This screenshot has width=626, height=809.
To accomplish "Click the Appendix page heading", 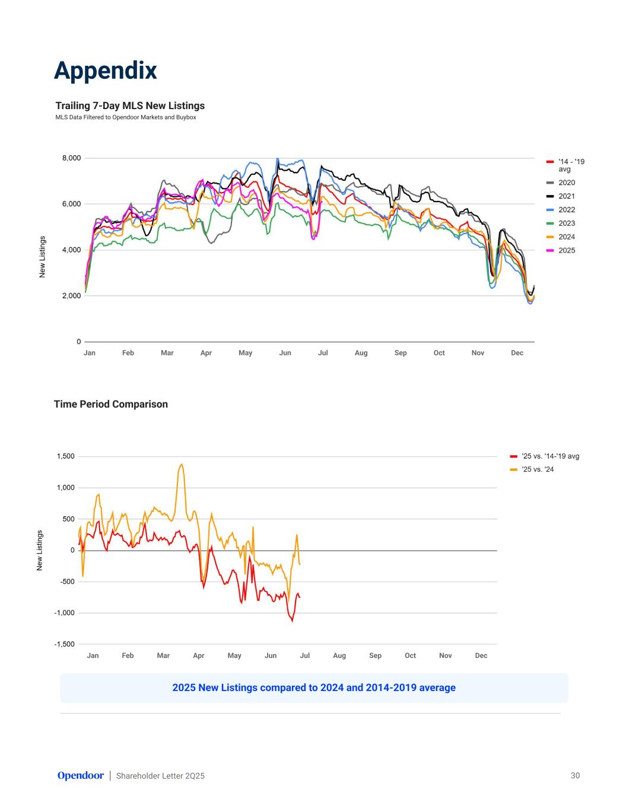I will click(105, 70).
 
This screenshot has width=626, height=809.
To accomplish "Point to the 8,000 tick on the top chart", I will click(71, 158).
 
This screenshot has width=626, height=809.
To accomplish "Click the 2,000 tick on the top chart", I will click(71, 296).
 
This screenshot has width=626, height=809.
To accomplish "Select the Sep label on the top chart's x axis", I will click(401, 353).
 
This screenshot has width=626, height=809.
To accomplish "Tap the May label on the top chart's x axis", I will click(245, 353).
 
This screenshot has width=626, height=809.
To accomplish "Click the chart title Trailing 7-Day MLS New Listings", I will click(130, 105).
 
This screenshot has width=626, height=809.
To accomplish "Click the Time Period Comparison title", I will click(111, 404).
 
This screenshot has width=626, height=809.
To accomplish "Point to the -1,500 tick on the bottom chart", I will click(64, 644).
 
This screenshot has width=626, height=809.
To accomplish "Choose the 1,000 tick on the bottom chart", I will click(65, 488).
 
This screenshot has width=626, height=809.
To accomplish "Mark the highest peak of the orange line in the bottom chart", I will click(182, 464).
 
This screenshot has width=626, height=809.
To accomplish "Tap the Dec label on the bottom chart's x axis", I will click(481, 655).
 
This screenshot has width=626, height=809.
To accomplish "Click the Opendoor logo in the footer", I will click(81, 775).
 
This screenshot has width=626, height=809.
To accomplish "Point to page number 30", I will click(575, 775).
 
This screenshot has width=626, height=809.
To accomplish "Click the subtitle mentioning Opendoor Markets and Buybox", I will click(126, 117).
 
